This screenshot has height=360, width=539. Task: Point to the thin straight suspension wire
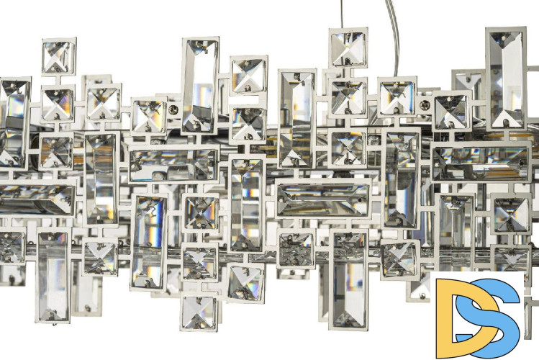(342, 14)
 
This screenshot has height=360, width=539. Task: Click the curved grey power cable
(394, 38)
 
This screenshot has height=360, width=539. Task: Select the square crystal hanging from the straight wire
(348, 48)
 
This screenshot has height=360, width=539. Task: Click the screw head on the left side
(173, 110)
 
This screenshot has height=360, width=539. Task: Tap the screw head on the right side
(425, 104)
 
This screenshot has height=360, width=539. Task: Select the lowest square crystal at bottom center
(199, 312)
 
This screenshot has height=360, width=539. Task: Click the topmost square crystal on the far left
(59, 56)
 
